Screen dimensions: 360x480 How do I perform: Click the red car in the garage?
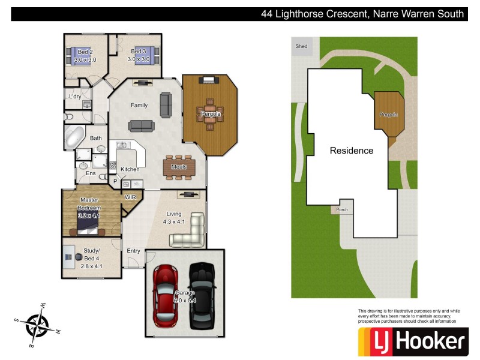pyautogui.click(x=166, y=295)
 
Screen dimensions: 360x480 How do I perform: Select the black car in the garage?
pyautogui.click(x=202, y=295)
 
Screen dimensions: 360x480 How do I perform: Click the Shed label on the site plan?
pyautogui.click(x=301, y=46)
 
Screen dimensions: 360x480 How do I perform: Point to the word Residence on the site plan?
pyautogui.click(x=352, y=151)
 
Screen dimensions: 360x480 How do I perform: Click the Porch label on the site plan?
pyautogui.click(x=341, y=209)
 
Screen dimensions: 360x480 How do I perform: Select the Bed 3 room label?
pyautogui.click(x=139, y=55)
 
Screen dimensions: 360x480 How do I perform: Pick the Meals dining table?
pyautogui.click(x=179, y=167)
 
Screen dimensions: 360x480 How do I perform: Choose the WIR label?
pyautogui.click(x=130, y=197)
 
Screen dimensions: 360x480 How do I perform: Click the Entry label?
pyautogui.click(x=133, y=250)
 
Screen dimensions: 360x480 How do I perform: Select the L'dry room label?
pyautogui.click(x=75, y=97)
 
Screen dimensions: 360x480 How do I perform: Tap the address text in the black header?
pyautogui.click(x=362, y=14)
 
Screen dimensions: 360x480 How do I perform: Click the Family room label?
pyautogui.click(x=139, y=105)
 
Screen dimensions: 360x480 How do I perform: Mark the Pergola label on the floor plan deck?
pyautogui.click(x=211, y=113)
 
